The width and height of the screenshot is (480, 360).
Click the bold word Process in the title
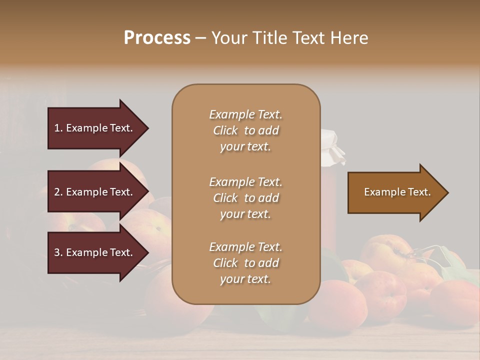coord(157,37)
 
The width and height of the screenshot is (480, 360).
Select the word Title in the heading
coord(269,38)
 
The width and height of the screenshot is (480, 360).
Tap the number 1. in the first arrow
coord(58,128)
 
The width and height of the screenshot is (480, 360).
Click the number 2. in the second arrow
coord(58,192)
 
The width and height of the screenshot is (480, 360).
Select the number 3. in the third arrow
coord(58,253)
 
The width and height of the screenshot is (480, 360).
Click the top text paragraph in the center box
coord(245,130)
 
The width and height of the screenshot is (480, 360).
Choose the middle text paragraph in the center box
coord(245,198)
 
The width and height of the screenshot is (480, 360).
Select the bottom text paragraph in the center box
coord(245,263)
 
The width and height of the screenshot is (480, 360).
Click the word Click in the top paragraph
coord(225,131)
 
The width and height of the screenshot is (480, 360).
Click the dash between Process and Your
coord(200,38)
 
